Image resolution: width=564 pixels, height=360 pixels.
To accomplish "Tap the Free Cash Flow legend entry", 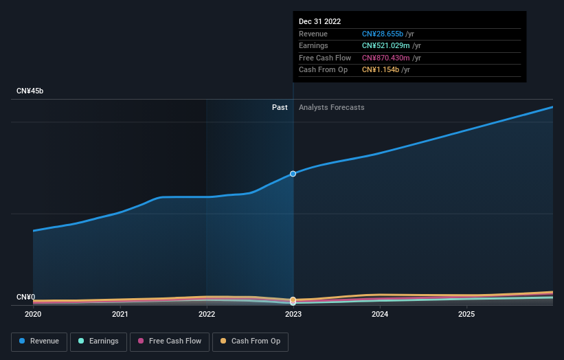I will click(x=170, y=341).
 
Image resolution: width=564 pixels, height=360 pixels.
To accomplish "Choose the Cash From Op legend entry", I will click(x=251, y=341).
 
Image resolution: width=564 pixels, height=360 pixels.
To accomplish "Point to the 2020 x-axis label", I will click(x=33, y=315).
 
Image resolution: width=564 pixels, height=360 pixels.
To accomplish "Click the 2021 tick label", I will click(x=120, y=315).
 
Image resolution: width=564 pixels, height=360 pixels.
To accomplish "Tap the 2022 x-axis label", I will click(x=207, y=315).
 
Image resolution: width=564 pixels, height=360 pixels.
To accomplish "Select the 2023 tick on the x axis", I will click(x=293, y=315).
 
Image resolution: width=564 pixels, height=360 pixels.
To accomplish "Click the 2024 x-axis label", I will click(x=380, y=315).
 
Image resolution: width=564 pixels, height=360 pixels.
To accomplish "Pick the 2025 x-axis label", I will click(x=466, y=315).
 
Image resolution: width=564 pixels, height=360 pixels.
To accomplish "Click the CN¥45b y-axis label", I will click(x=30, y=91).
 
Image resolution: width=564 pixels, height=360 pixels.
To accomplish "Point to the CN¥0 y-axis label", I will click(x=25, y=297).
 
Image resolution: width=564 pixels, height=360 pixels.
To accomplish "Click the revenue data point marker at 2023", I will click(x=293, y=174).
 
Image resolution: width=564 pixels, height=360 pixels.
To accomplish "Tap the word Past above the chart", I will click(x=280, y=108).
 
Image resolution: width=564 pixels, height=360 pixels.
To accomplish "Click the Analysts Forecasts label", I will click(x=331, y=108).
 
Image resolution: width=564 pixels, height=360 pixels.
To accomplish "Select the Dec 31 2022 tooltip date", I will click(x=319, y=22).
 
